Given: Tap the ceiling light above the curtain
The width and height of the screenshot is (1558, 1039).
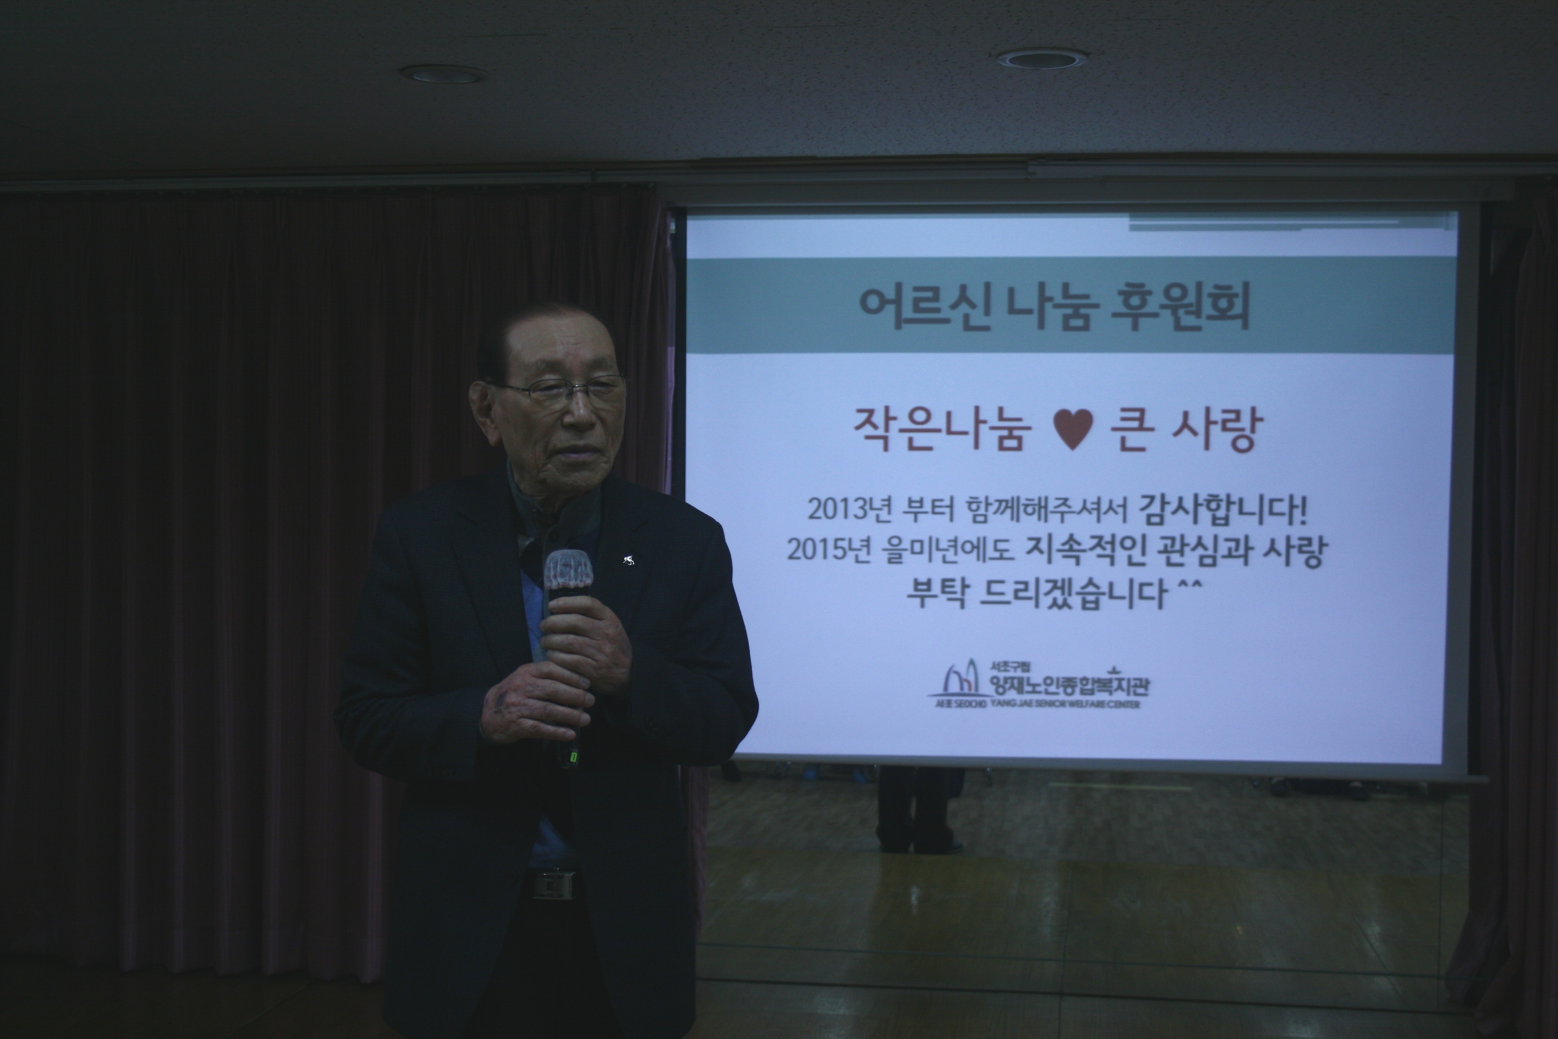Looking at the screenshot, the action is (444, 74).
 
